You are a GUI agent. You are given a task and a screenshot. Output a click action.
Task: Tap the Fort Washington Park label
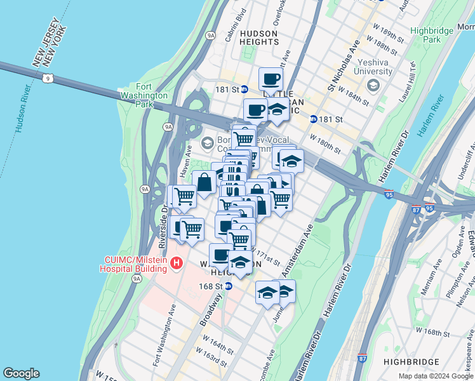tap(152, 96)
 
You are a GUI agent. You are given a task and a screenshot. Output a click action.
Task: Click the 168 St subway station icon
tap(229, 286)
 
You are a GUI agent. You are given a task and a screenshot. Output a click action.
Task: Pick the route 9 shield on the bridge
tap(48, 79)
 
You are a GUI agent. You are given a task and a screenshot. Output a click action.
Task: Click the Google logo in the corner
tap(21, 373)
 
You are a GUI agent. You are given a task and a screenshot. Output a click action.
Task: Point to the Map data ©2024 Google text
tap(435, 376)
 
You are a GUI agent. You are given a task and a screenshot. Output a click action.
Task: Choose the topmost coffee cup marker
tap(271, 79)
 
